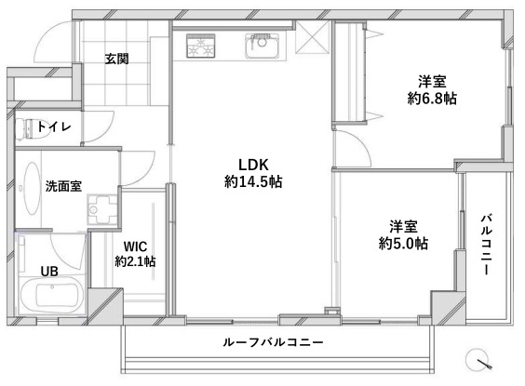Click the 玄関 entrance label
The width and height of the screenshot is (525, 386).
coord(116,59)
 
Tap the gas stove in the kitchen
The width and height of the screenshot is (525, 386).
coord(200,46)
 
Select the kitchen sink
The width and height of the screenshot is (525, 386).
coord(262,46)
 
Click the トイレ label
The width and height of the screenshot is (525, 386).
coord(54,126)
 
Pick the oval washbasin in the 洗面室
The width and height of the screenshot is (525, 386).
coord(32,188)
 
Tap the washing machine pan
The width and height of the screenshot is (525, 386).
coord(101,209)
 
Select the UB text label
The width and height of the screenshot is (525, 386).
coord(49,272)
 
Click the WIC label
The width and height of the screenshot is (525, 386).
coord(135,246)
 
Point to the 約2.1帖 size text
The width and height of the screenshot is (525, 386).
coord(135,261)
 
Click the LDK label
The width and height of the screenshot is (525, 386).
coord(253,165)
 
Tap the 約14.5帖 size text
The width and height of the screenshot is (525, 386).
coord(253,181)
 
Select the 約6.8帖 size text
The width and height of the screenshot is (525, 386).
coord(432,99)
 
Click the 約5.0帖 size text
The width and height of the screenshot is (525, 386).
coord(403,244)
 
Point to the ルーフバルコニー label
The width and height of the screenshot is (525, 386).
coord(274,342)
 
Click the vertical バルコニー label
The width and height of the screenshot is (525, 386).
coord(487,245)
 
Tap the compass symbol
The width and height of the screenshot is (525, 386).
coord(478,360)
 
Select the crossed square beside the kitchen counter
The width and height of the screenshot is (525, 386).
coord(313,37)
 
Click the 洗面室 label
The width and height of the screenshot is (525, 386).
coord(63,186)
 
